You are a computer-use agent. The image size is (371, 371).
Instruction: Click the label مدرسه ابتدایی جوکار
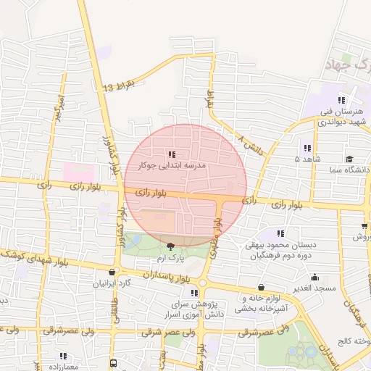click(172, 166)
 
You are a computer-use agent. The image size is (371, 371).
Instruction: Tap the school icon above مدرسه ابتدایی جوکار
click(171, 154)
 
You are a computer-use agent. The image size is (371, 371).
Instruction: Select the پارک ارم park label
click(172, 258)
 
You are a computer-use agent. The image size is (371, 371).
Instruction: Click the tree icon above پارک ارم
click(171, 246)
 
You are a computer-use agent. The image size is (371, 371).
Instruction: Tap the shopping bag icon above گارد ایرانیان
click(110, 272)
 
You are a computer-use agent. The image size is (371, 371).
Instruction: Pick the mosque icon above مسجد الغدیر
click(314, 277)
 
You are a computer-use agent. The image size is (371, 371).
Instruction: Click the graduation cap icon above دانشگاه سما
click(349, 159)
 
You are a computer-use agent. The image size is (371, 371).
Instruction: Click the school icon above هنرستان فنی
click(341, 101)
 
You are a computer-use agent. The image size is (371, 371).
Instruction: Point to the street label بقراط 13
click(119, 87)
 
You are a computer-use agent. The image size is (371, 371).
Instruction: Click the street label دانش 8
click(250, 143)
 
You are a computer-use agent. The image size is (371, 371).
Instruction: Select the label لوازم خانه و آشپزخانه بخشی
click(261, 303)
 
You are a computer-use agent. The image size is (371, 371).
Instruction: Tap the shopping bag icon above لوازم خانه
click(261, 287)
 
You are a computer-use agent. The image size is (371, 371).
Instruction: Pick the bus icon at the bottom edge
click(114, 363)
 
